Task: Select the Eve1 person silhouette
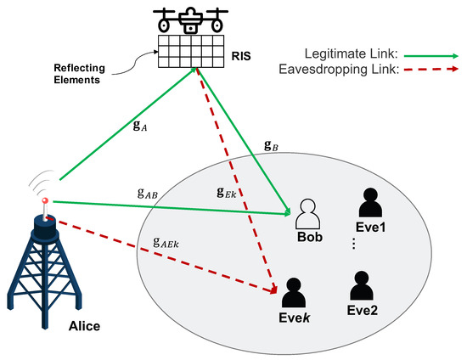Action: click(x=370, y=204)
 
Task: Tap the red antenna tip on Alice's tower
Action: click(x=43, y=202)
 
